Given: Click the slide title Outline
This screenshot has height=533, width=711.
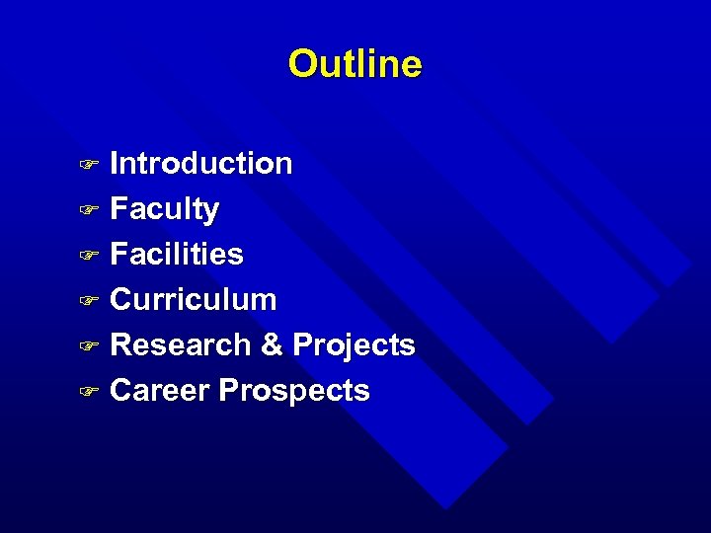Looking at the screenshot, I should pyautogui.click(x=355, y=64).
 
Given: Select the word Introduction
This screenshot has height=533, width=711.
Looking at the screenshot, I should pyautogui.click(x=201, y=163).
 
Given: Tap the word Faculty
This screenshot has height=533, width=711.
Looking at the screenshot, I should pyautogui.click(x=165, y=209).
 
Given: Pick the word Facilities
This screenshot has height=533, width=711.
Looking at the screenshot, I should pyautogui.click(x=177, y=254).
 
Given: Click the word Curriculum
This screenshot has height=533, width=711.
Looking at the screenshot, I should pyautogui.click(x=194, y=299).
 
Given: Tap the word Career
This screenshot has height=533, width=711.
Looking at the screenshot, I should pyautogui.click(x=161, y=391).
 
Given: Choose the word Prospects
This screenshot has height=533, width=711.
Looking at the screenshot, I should pyautogui.click(x=294, y=392).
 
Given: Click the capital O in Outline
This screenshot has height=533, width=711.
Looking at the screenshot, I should pyautogui.click(x=301, y=64).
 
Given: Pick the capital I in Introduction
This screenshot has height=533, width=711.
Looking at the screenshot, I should pyautogui.click(x=115, y=163).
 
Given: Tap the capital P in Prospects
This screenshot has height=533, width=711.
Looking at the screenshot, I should pyautogui.click(x=229, y=391).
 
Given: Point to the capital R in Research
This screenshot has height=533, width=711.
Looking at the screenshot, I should pyautogui.click(x=121, y=344).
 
